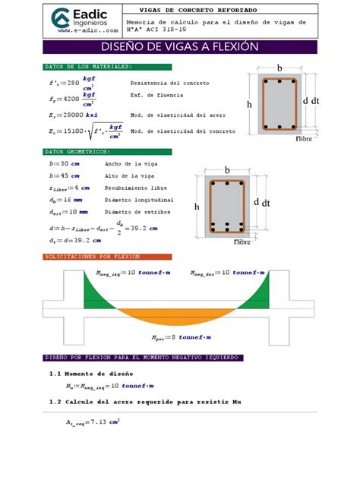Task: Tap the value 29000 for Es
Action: pos(73,115)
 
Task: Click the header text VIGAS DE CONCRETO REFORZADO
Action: pos(210,10)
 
